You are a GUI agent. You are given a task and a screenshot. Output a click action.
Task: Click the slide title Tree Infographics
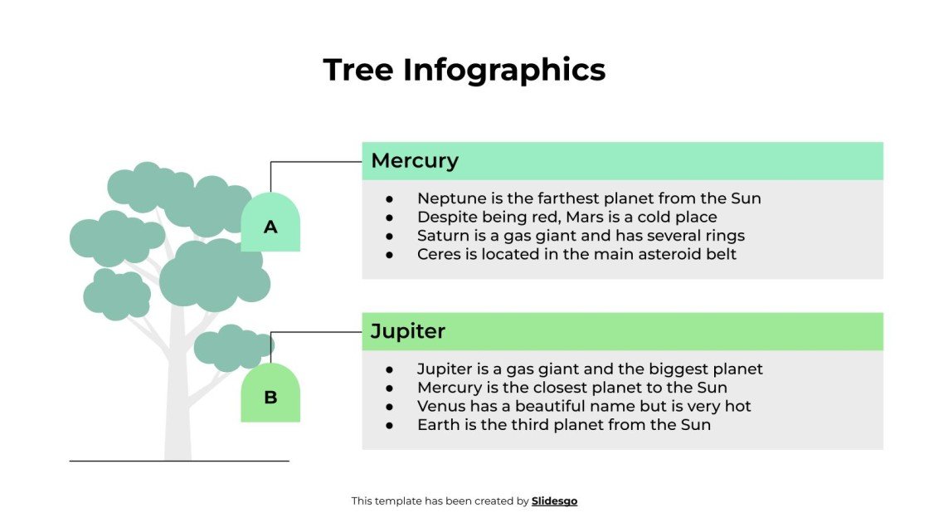click(x=464, y=70)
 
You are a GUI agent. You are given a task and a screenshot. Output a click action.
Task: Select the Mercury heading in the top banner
click(x=414, y=160)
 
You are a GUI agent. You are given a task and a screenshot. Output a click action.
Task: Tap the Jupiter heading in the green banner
click(x=407, y=331)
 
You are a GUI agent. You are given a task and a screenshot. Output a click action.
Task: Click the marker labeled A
click(x=270, y=224)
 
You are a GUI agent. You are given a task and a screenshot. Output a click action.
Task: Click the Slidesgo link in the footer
click(x=554, y=501)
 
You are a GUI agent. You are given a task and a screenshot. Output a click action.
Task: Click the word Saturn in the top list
click(x=443, y=236)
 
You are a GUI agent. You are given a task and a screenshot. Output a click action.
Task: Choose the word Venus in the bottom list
click(x=441, y=406)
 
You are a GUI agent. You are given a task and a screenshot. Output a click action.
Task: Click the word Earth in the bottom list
click(x=438, y=424)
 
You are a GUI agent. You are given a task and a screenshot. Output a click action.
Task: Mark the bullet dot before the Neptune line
click(x=389, y=199)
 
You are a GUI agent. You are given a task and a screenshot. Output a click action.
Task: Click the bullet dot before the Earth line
click(x=389, y=425)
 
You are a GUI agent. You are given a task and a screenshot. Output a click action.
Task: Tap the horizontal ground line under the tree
click(x=179, y=461)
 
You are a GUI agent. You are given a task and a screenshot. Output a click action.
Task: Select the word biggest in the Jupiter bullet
click(x=673, y=369)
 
